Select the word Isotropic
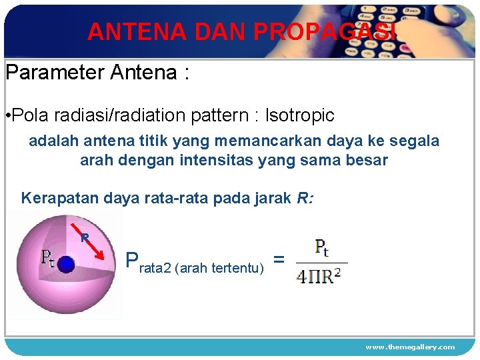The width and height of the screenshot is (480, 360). pos(299,115)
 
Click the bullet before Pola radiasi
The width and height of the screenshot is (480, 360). pos(7,116)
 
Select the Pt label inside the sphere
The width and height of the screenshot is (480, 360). pos(49,257)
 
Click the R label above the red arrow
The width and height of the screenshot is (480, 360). pos(84,236)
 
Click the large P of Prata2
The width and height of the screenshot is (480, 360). pos(132,261)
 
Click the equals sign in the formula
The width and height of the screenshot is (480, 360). pos(280,259)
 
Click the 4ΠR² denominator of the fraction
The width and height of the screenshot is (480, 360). pos(320,275)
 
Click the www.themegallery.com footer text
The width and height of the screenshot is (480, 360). pos(409,347)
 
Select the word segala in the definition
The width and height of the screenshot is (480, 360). pos(417,141)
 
